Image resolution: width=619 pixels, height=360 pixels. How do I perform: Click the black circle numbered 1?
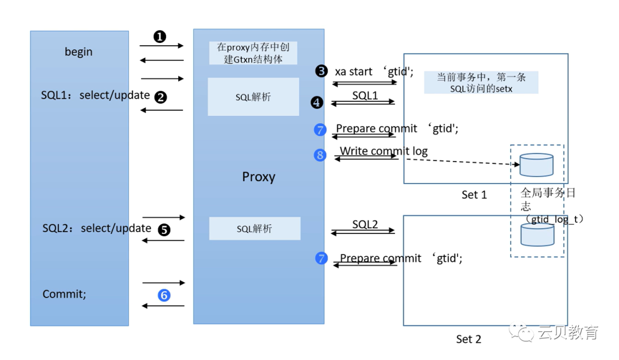(160, 37)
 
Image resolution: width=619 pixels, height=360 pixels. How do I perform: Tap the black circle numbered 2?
(161, 97)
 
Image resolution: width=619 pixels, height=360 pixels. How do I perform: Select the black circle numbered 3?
(321, 71)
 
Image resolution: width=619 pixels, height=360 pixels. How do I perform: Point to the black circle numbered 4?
(317, 103)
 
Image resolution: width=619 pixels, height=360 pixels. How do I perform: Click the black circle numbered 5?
(164, 230)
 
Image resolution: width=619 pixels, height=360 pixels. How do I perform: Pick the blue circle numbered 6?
(164, 295)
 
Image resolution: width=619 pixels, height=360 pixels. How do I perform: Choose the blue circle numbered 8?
(320, 155)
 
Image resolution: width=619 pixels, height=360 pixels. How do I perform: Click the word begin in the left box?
(79, 52)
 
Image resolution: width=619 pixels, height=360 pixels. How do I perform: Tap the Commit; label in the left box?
(64, 294)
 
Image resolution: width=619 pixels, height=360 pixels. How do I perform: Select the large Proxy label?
(258, 177)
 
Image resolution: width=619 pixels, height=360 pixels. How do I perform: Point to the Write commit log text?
(383, 151)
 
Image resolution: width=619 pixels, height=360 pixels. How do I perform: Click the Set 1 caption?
(474, 195)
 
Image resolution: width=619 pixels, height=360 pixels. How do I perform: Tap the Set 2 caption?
(468, 339)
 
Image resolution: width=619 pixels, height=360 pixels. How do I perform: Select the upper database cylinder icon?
(536, 165)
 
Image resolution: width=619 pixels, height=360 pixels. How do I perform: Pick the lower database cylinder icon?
(537, 234)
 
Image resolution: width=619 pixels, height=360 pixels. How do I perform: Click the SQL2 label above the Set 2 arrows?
(365, 225)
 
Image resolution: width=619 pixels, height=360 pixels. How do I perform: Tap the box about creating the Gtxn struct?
(253, 53)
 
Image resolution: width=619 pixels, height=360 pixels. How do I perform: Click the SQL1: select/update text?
(95, 95)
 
